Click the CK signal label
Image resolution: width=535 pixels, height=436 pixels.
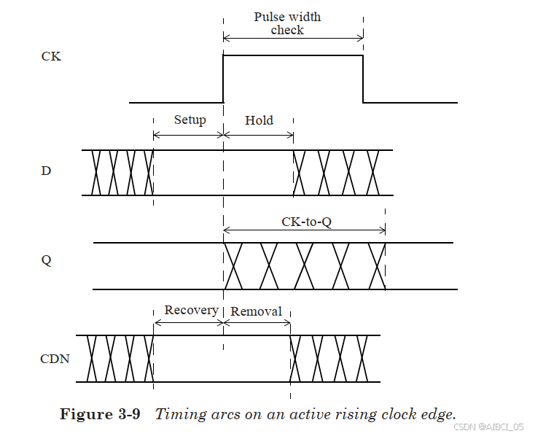point(51,56)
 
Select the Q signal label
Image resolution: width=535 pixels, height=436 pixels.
point(47,260)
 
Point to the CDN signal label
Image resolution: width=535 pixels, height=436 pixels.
point(55,358)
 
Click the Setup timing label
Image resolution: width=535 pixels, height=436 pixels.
point(190,120)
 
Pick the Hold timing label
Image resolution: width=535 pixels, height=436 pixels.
point(259,120)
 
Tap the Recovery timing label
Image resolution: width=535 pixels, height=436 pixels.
point(191,310)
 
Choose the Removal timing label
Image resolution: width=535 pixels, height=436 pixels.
point(256,311)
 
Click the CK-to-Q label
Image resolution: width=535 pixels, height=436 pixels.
point(306,222)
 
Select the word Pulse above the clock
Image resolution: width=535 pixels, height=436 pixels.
point(268,16)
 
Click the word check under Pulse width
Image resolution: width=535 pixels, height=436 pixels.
point(287,30)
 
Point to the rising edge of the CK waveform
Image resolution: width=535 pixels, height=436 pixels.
point(223,79)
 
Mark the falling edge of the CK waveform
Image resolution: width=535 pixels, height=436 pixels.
point(363,79)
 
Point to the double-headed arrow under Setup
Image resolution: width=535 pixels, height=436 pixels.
point(188,134)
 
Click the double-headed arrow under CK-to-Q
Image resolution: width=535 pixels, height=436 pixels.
point(304,230)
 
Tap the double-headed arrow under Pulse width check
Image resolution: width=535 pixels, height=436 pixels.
point(293,39)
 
